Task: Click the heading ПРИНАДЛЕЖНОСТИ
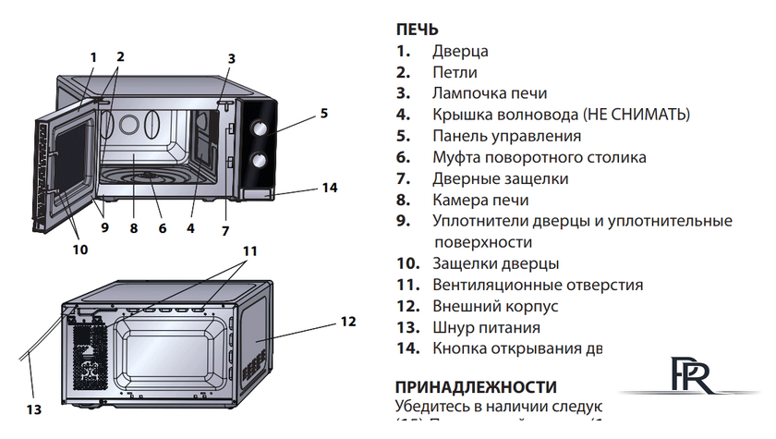[476, 386]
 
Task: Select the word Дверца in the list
[459, 52]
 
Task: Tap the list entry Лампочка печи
[489, 93]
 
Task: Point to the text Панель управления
[506, 136]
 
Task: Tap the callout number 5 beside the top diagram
[324, 114]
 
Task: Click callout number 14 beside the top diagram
[330, 188]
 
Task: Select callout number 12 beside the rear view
[347, 322]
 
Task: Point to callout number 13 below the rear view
[34, 408]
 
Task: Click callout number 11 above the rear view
[250, 251]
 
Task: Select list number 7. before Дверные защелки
[403, 178]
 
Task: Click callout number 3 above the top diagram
[231, 58]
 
